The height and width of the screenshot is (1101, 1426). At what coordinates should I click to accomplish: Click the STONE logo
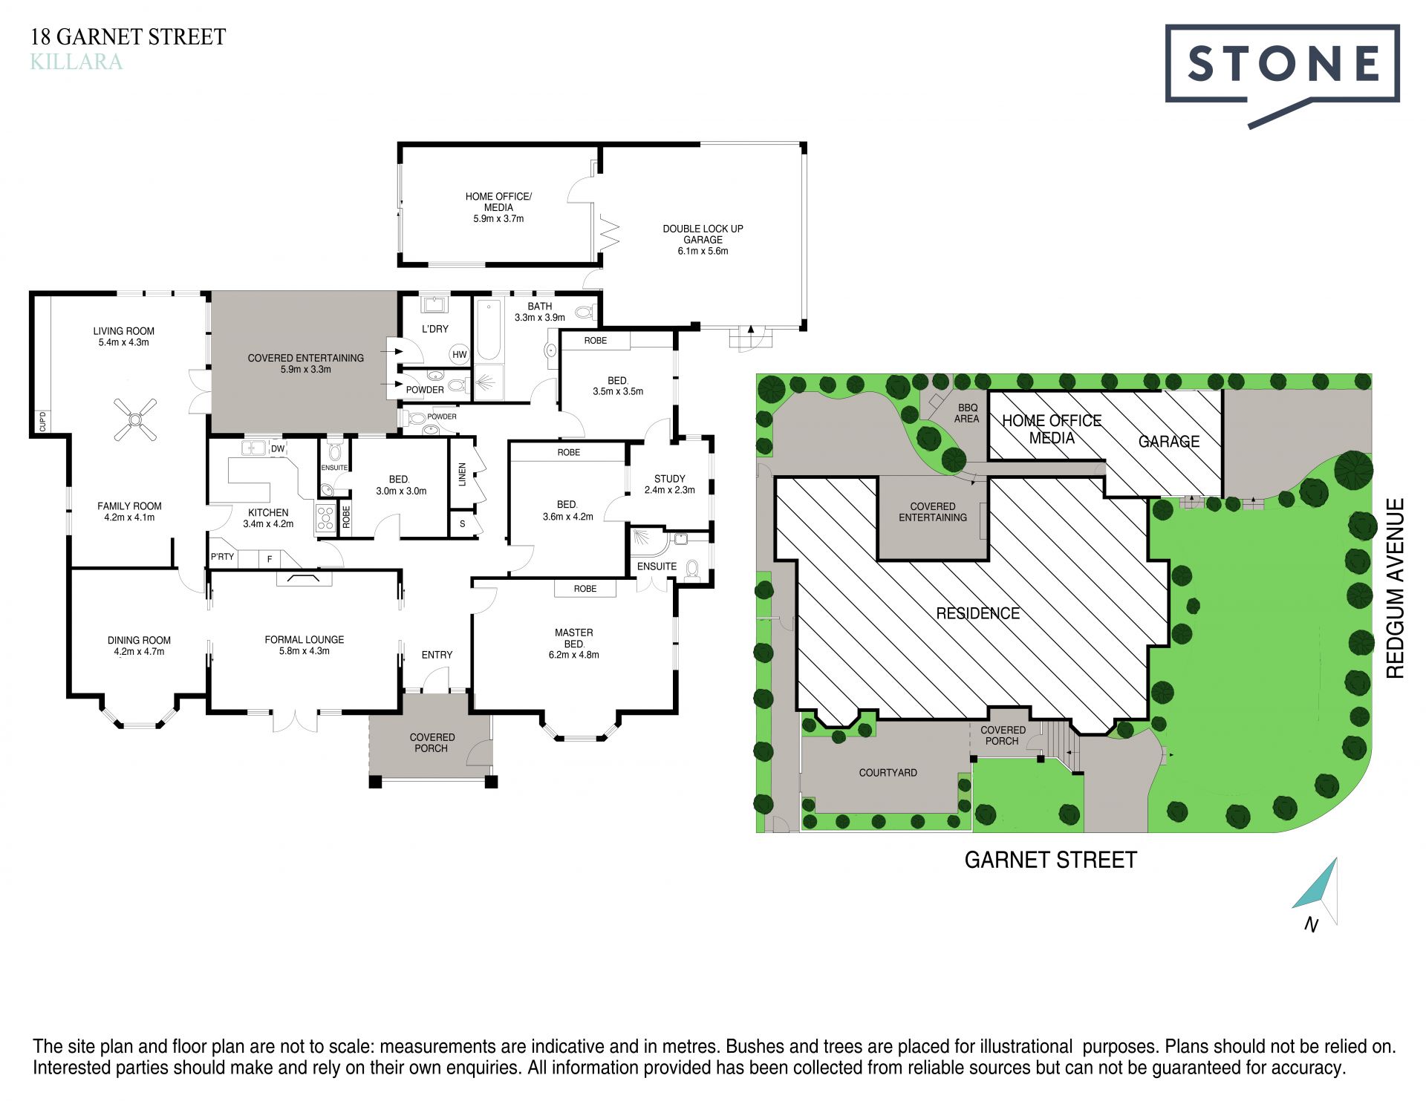(1282, 74)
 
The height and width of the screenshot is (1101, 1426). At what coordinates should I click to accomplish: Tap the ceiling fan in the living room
(135, 420)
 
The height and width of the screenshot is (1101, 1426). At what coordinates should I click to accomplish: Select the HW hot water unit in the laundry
(460, 354)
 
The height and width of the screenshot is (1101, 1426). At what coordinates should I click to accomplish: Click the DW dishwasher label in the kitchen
(278, 448)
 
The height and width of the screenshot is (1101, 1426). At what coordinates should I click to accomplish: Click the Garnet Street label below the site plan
(1050, 860)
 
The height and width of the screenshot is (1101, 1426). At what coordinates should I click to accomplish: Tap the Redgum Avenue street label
(1396, 588)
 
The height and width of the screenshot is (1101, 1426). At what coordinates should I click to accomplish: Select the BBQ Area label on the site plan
(967, 414)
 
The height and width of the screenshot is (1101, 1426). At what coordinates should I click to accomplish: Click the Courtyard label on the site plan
(888, 772)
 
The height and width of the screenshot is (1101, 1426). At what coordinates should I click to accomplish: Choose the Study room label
(669, 479)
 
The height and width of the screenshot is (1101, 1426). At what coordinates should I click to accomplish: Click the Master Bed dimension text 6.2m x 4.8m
(573, 655)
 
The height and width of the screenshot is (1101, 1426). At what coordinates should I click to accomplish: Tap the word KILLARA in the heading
(76, 62)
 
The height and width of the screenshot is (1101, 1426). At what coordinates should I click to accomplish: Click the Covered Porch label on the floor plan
(432, 742)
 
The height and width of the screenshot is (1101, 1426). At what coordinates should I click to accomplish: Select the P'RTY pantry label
(222, 556)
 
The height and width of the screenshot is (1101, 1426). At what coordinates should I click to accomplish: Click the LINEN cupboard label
(462, 474)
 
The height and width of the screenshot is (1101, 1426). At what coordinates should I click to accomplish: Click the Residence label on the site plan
(977, 613)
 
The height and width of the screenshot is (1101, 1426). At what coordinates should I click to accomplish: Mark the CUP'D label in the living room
(42, 421)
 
